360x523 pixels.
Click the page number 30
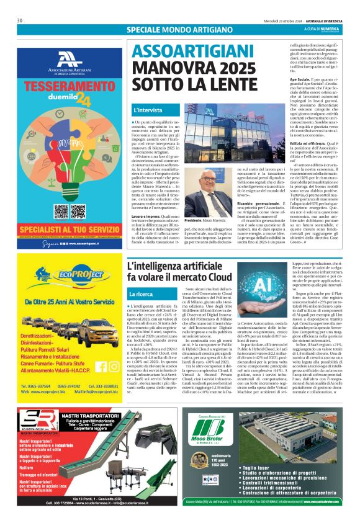[20, 20]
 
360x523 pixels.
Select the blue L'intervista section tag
[148, 110]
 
